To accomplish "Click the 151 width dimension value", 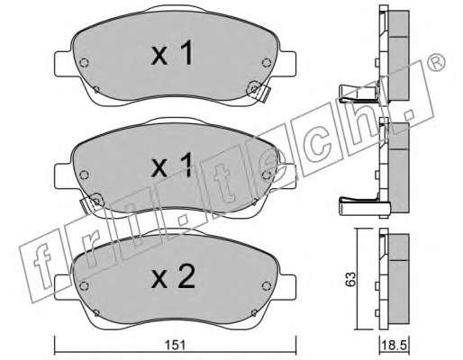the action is pos(177,346).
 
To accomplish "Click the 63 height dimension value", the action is pos(350,279).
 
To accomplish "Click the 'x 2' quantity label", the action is pos(173,277).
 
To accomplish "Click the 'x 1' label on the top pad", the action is pos(172,53).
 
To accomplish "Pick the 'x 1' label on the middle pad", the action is pos(172,166).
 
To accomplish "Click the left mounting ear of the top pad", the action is pos(63,64).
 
